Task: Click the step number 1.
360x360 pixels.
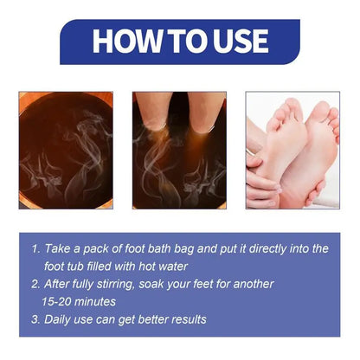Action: [34, 248]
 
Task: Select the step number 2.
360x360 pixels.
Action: [34, 284]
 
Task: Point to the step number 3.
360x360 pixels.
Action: [34, 319]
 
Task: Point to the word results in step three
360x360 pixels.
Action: [184, 319]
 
